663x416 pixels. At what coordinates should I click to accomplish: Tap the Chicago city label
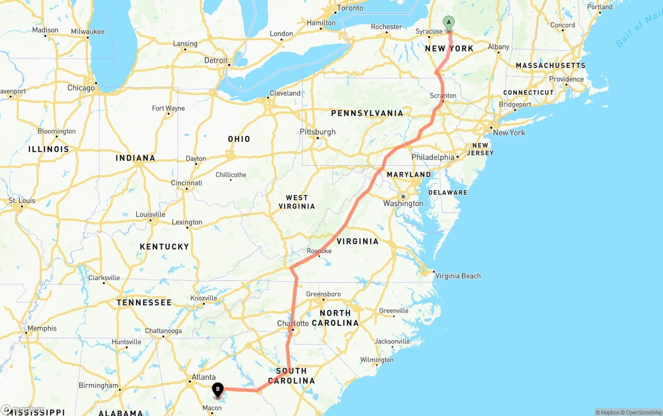pos(81,88)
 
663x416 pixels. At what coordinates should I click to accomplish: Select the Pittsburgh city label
pos(318,132)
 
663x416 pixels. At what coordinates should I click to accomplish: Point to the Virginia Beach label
pos(458,276)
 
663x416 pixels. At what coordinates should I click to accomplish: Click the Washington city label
pos(403,203)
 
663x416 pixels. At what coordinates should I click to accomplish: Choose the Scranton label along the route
pos(443,95)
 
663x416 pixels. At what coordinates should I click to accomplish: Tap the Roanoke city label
pos(319,251)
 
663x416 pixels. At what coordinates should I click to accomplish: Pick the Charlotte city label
pos(293,323)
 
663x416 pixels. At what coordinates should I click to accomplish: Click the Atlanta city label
pos(204,377)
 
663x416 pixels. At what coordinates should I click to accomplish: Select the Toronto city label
pos(350,8)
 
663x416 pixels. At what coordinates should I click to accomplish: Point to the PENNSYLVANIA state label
pos(367,113)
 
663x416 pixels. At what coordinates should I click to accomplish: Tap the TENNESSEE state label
pos(144,302)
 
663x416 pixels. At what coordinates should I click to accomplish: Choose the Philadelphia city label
pos(433,157)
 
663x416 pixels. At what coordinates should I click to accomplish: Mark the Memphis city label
pos(42,328)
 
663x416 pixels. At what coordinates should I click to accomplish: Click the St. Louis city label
pos(22,200)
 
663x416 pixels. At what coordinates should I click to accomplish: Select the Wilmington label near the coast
pos(377,360)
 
